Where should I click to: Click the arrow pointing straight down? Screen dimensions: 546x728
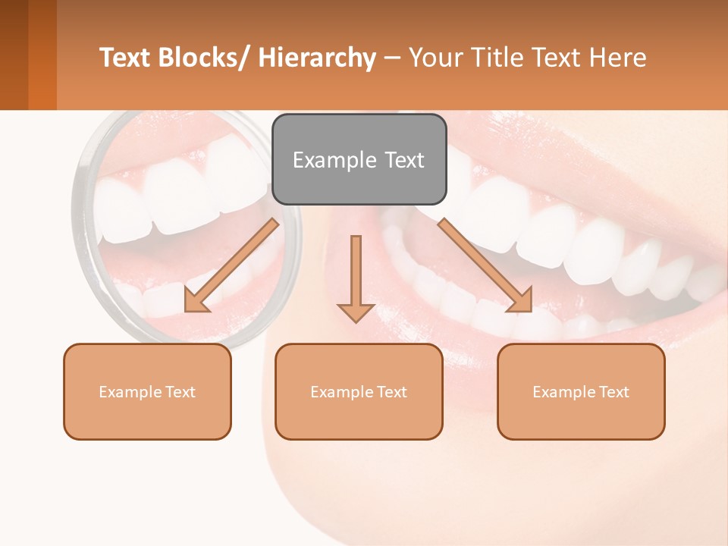tap(356, 281)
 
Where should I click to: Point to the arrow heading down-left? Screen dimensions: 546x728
tap(231, 265)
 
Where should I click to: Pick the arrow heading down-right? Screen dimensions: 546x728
tap(485, 265)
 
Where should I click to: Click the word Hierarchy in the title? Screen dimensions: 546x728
tap(317, 58)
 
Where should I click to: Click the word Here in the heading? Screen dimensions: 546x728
tap(618, 58)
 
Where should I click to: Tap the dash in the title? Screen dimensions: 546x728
tap(392, 58)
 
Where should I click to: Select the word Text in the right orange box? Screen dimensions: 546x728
tap(614, 392)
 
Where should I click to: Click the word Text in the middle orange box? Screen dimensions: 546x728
tap(392, 392)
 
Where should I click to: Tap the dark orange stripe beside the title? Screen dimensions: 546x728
tap(42, 55)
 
